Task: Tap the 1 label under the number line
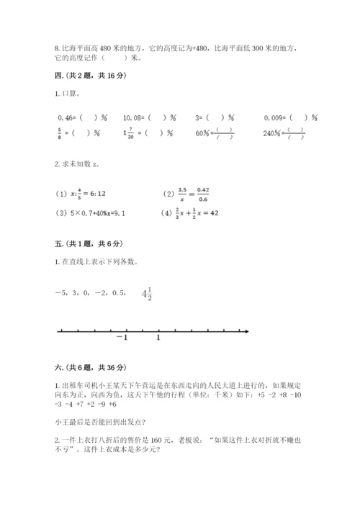(158, 338)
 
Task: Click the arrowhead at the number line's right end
(247, 330)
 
